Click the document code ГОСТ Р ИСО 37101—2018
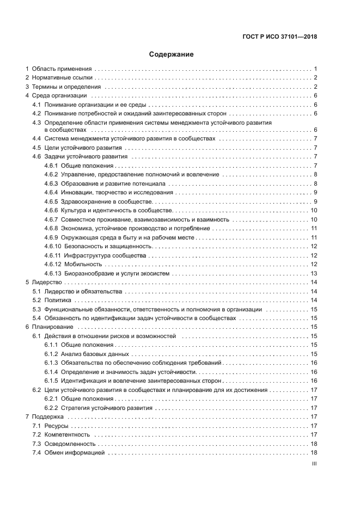coord(279,37)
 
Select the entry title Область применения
coord(62,69)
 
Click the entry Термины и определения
coord(66,87)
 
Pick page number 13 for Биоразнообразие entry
coord(314,273)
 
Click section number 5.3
coord(36,309)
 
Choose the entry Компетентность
coord(67,434)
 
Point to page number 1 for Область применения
coord(315,69)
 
